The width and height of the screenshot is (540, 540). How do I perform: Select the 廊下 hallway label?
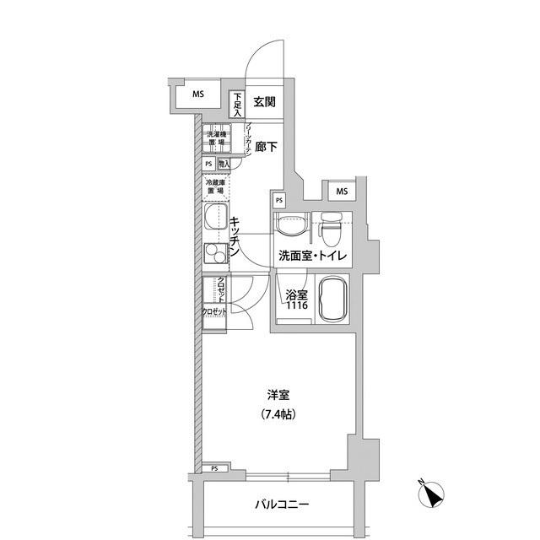pos(265,147)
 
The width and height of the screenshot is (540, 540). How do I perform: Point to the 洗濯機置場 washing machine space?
pos(217,139)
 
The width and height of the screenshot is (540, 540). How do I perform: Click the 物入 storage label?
pos(224,164)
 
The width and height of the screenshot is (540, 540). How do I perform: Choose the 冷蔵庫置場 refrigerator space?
pos(216,186)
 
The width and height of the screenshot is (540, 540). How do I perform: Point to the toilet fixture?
pos(332,224)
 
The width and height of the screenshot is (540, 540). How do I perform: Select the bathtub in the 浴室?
pos(335,300)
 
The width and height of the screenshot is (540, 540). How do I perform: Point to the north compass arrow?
pos(433,494)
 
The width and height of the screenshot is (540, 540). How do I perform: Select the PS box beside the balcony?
pos(214,468)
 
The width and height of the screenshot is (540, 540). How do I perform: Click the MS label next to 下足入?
pos(197,94)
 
